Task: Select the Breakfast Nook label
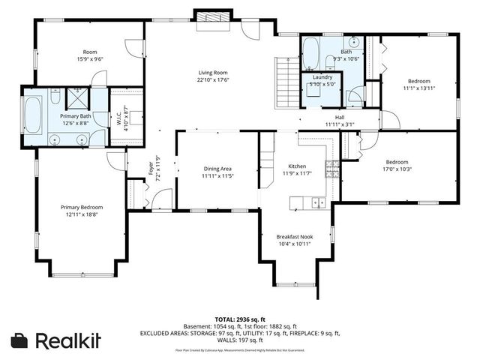point(294,236)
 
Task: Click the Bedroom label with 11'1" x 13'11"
point(418,80)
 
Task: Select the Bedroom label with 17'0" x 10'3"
point(397,162)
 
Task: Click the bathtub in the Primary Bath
point(34,117)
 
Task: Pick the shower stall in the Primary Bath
point(78,97)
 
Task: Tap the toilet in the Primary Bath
point(56,97)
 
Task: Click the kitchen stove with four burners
point(330,169)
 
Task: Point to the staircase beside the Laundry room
point(287,83)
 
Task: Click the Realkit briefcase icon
point(20,340)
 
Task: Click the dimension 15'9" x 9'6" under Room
point(89,58)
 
